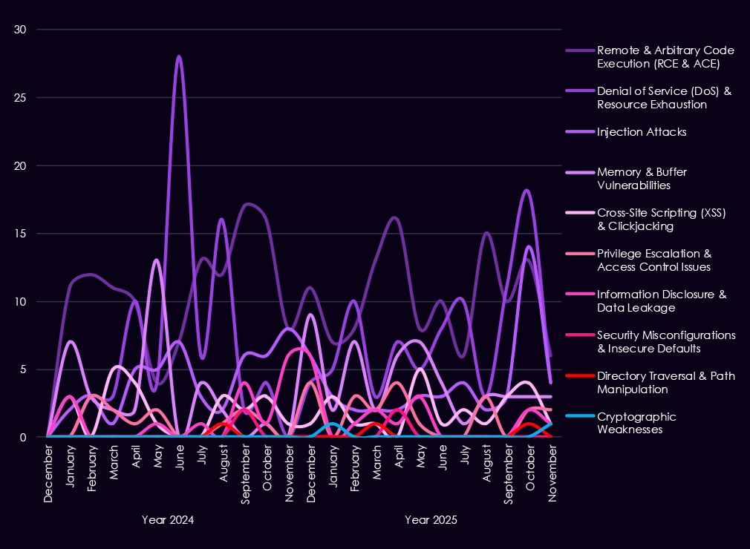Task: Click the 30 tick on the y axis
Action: [20, 30]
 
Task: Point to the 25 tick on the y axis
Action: [20, 98]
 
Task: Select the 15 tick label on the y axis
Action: [20, 234]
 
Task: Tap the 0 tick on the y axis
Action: [23, 438]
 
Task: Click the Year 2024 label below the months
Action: [168, 520]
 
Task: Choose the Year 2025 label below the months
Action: [431, 520]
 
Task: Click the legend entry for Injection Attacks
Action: [641, 132]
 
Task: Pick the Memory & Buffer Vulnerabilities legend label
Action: [642, 179]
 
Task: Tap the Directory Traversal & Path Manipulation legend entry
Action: [665, 382]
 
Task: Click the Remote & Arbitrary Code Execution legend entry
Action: [665, 56]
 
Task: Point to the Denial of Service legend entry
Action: [664, 98]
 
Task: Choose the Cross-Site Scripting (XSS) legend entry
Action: [661, 220]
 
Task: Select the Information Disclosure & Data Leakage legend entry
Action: [661, 300]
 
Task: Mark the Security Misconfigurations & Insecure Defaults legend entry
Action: [665, 341]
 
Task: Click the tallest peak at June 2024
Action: [179, 56]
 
